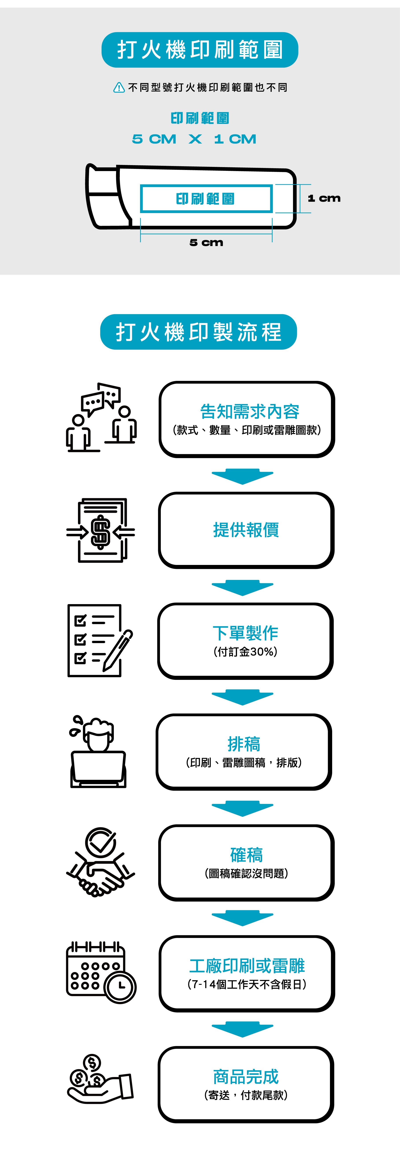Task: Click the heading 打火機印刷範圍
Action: (x=200, y=50)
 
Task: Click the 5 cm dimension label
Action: (x=206, y=243)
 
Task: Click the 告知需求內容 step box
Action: (x=247, y=419)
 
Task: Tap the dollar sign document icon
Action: (x=101, y=531)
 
